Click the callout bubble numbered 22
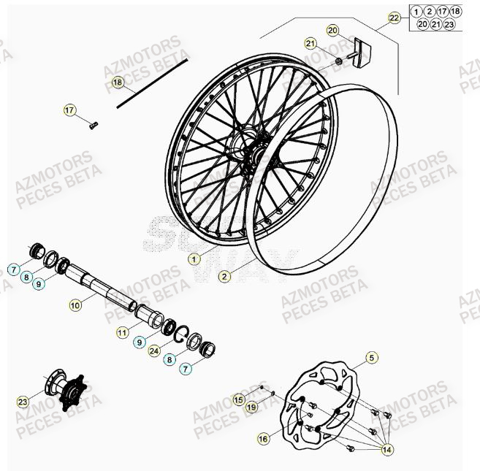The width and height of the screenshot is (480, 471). (x=394, y=17)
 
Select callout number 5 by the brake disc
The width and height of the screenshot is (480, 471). (x=372, y=358)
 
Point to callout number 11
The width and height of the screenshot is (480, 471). (x=122, y=333)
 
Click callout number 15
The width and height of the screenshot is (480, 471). (x=239, y=399)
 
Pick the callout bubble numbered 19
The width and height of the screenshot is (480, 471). (x=251, y=407)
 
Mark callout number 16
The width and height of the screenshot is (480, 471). (x=263, y=437)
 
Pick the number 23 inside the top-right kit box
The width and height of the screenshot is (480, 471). (x=449, y=24)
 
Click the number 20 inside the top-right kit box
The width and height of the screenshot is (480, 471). (x=422, y=24)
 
